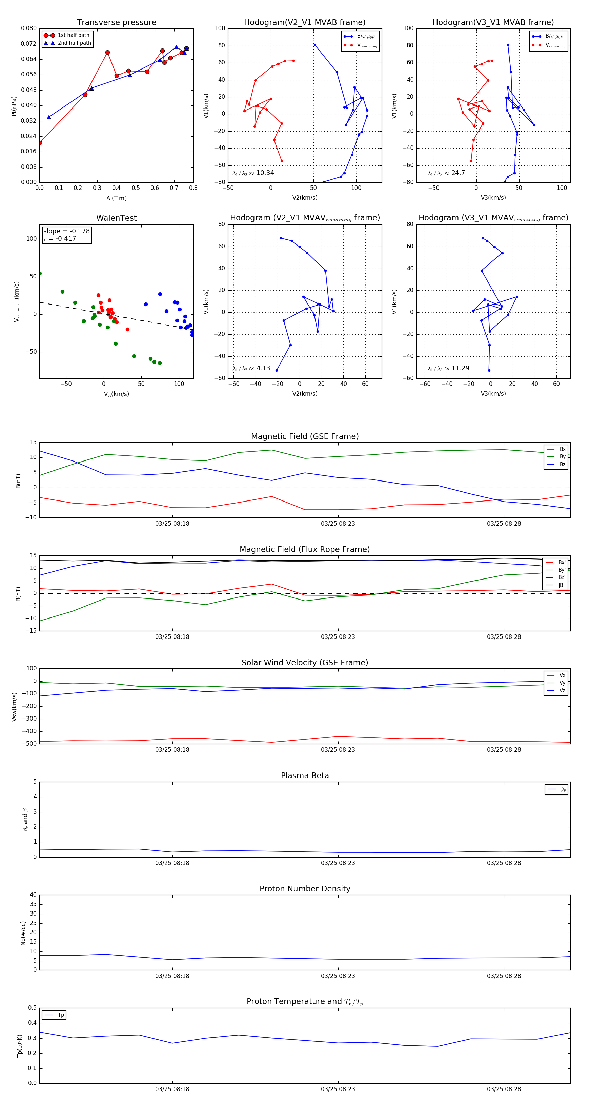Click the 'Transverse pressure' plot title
[x=116, y=23]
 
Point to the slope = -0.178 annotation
[x=66, y=231]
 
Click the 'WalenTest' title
[x=116, y=218]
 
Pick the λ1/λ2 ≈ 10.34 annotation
[x=253, y=173]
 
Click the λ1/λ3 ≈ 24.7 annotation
[x=446, y=173]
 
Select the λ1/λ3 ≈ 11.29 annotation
[x=448, y=368]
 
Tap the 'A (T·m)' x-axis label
[x=116, y=198]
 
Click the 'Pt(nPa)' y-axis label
[x=14, y=106]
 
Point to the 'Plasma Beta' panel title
[x=305, y=776]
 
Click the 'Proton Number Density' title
[x=305, y=889]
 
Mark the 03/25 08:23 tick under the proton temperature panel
[x=338, y=1089]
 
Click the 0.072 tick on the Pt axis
[x=29, y=44]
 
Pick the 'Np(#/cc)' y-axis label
[x=23, y=933]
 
